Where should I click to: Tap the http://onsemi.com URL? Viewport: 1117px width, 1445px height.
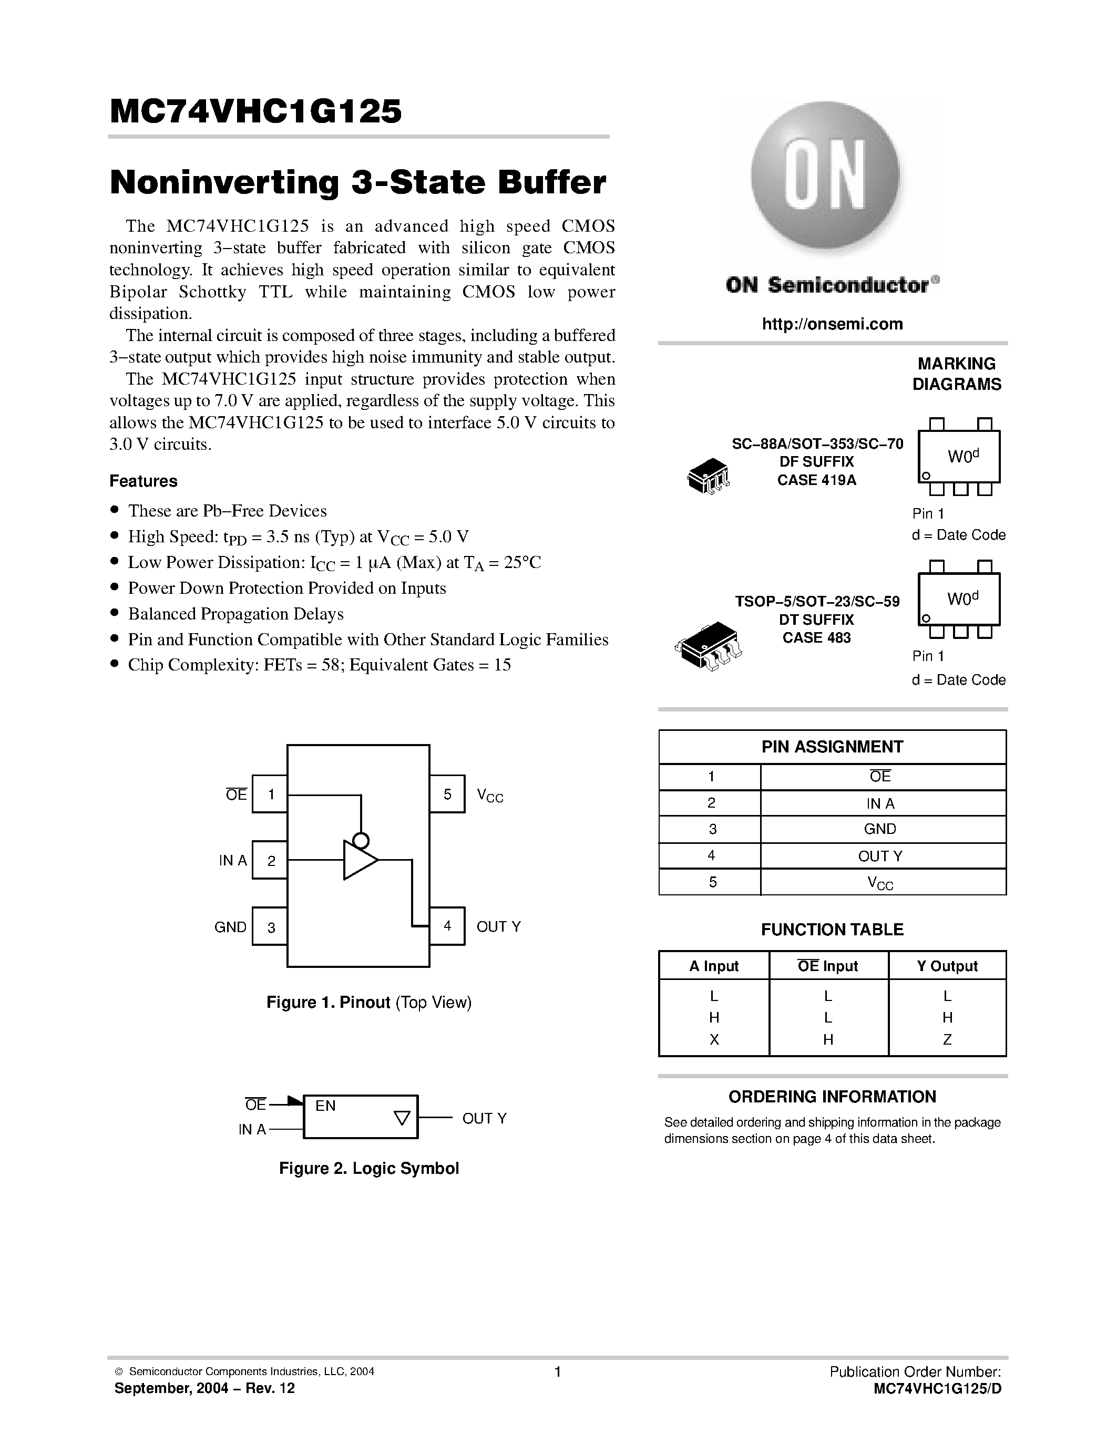pos(832,324)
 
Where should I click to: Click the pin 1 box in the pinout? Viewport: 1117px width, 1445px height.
pos(270,794)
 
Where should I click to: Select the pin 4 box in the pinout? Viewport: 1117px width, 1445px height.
pos(447,926)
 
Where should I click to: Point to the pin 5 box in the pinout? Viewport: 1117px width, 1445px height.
pos(447,794)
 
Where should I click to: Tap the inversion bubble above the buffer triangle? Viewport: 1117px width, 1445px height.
pos(361,841)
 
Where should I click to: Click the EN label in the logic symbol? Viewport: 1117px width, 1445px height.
pos(325,1106)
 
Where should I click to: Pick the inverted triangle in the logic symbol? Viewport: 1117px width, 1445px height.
pos(402,1118)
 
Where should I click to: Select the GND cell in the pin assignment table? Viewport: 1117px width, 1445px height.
pos(879,829)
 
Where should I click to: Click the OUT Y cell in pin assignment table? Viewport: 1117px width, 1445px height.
pos(879,856)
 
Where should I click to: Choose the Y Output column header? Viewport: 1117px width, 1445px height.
pos(946,966)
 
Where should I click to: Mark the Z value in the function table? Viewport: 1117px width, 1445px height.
pos(947,1039)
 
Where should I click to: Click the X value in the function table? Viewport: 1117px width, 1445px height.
pos(714,1039)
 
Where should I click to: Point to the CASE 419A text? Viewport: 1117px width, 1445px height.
pos(816,480)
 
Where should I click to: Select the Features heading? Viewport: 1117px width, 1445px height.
pos(144,481)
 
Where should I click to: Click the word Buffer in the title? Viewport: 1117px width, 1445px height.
pos(552,183)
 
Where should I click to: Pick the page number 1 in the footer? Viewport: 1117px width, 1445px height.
pos(558,1371)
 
